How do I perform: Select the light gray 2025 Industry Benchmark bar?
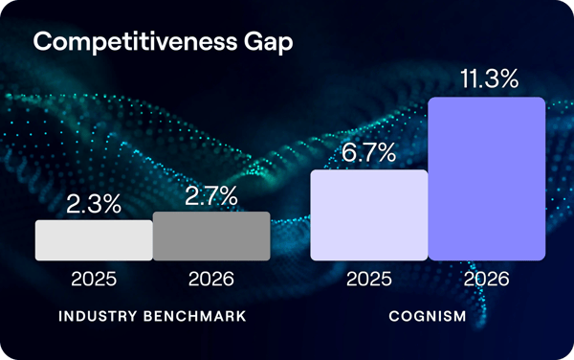[94, 240]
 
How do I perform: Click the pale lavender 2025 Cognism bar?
[368, 214]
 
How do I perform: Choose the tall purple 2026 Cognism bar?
[486, 178]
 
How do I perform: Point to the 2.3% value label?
[94, 203]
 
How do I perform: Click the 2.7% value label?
[211, 195]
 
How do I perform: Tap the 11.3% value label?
[486, 79]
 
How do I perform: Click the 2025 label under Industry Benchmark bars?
[94, 281]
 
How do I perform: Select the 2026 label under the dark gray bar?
[211, 281]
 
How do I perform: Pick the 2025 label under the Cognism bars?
[368, 281]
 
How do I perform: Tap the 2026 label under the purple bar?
[486, 281]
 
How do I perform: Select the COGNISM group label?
[428, 316]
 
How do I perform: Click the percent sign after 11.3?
[507, 79]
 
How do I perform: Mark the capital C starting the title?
[43, 43]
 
